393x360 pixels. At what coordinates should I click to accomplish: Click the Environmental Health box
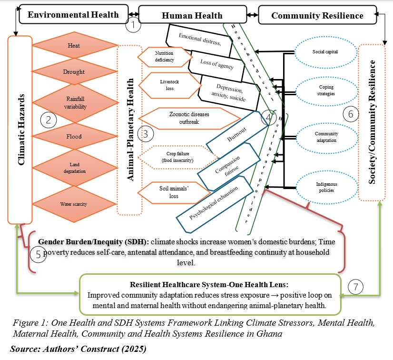(73, 14)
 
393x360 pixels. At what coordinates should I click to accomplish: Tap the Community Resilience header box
(317, 15)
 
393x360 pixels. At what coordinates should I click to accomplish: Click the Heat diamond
(74, 46)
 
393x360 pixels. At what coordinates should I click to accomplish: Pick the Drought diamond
(74, 72)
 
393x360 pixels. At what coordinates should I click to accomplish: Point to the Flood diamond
(74, 137)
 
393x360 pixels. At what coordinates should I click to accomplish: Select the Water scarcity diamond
(74, 204)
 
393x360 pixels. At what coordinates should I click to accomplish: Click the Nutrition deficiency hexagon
(165, 57)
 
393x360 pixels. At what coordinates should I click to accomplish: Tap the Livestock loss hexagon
(163, 85)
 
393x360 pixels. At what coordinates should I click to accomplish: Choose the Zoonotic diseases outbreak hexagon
(189, 118)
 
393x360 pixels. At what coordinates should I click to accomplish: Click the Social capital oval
(325, 52)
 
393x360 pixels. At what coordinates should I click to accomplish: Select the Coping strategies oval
(326, 90)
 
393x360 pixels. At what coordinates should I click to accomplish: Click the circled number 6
(351, 114)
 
